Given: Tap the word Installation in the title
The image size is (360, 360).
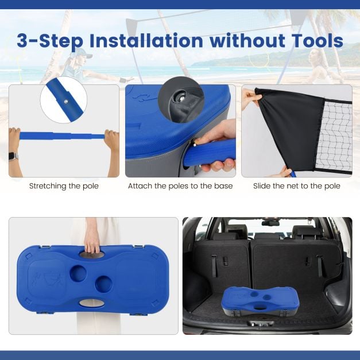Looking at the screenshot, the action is tap(146, 41).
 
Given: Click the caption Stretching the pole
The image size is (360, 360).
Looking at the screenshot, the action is tap(64, 185).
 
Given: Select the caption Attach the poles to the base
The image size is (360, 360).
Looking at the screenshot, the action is tap(180, 185).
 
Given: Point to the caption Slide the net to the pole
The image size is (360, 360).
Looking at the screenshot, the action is tap(297, 185).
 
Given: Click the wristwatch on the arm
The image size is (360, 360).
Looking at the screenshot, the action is tap(13, 157).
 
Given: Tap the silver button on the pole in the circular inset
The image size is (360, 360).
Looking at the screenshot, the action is tap(66, 101).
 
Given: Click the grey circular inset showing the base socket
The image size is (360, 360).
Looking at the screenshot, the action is tap(181, 99).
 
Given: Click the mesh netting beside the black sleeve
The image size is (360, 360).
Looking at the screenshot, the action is tap(335, 137).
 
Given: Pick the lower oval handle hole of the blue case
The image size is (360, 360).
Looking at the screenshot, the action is tap(92, 303).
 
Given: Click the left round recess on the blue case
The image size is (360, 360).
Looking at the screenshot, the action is tap(78, 273).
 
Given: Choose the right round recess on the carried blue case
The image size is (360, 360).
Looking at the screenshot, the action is tap(104, 284).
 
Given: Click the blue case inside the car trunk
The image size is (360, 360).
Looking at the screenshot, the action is tap(260, 301).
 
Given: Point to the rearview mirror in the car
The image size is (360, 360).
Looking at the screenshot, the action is tap(270, 223).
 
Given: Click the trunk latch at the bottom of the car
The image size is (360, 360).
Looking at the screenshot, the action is tap(261, 324).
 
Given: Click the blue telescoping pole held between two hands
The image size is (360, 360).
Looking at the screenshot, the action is tap(62, 136).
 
